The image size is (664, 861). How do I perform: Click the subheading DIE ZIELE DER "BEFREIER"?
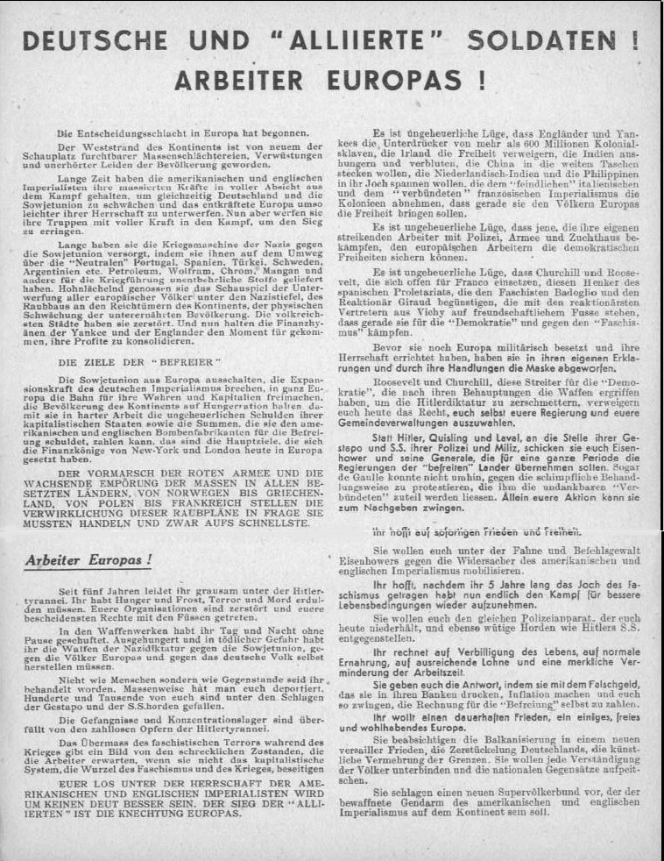122,360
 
